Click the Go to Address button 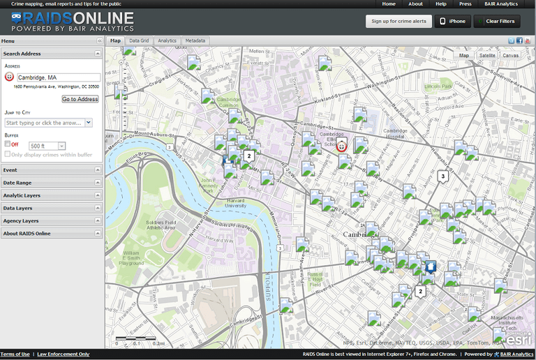[80, 99]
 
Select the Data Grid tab [139, 41]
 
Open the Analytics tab [167, 41]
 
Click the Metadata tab [195, 41]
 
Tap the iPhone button [452, 21]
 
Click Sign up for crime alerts [399, 21]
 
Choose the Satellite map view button [487, 55]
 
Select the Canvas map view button [510, 55]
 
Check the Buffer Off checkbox [7, 144]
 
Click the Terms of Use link [15, 354]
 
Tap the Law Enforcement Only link [64, 354]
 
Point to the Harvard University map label [235, 204]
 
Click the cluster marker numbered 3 [442, 177]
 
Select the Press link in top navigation [465, 4]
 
